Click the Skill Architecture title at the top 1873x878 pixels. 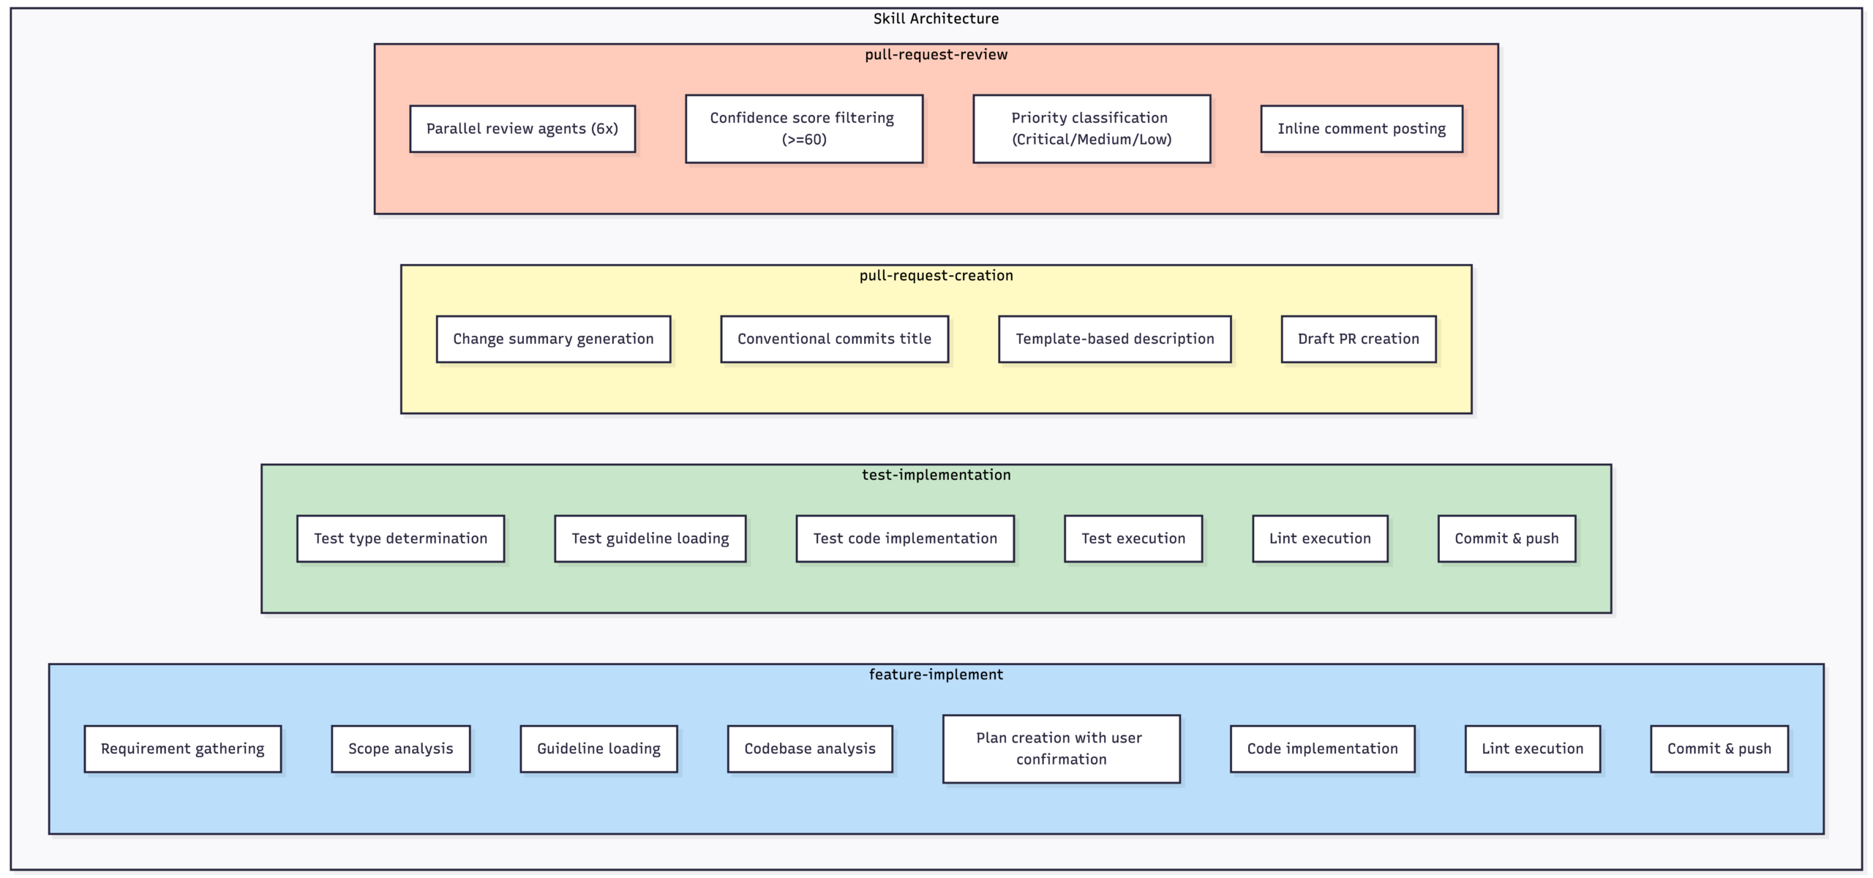pos(936,19)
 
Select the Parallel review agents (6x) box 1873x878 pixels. pos(522,129)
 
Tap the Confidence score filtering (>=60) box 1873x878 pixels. pos(804,129)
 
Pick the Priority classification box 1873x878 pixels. pos(1092,129)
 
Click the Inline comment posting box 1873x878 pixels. pos(1362,129)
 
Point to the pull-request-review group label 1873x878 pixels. pos(936,55)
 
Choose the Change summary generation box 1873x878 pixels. pos(553,339)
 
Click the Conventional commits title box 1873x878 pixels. pos(834,339)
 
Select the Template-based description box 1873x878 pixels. pos(1114,339)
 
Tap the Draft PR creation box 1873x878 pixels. pos(1358,339)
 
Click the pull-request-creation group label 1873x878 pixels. pos(936,276)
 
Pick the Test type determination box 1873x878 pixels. pos(400,539)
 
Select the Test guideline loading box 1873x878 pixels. pos(650,539)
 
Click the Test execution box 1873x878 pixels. pos(1133,539)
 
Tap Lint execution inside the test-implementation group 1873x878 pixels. pos(1320,539)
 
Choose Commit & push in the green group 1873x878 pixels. pos(1506,539)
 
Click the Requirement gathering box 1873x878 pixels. pos(182,748)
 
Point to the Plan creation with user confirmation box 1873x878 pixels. pos(1061,748)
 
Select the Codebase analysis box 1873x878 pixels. pos(810,748)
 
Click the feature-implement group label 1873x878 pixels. pos(936,675)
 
